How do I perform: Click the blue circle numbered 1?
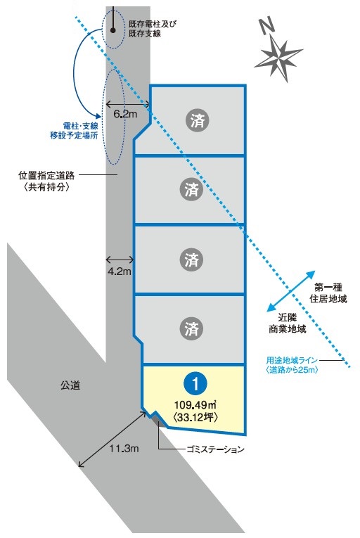pos(195,383)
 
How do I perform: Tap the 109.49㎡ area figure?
pos(195,404)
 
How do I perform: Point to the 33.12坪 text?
pos(195,417)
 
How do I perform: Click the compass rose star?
pos(278,58)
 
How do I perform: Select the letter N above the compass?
pos(267,26)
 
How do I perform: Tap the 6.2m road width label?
pos(125,114)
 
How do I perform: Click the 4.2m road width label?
pos(120,271)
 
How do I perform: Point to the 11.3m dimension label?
pos(124,448)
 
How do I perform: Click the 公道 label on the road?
pos(70,385)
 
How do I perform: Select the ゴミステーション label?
pos(216,449)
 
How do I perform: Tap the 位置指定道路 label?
pos(46,176)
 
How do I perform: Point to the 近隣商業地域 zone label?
pos(287,323)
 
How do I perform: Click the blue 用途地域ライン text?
pos(292,360)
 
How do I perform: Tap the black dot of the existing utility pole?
pos(113,30)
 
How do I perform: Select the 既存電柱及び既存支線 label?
pos(153,28)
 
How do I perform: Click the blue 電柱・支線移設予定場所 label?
pos(74,131)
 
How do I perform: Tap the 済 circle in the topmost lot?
pos(198,121)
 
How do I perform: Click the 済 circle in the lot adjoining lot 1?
pos(191,328)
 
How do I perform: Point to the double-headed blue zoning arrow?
pos(291,291)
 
